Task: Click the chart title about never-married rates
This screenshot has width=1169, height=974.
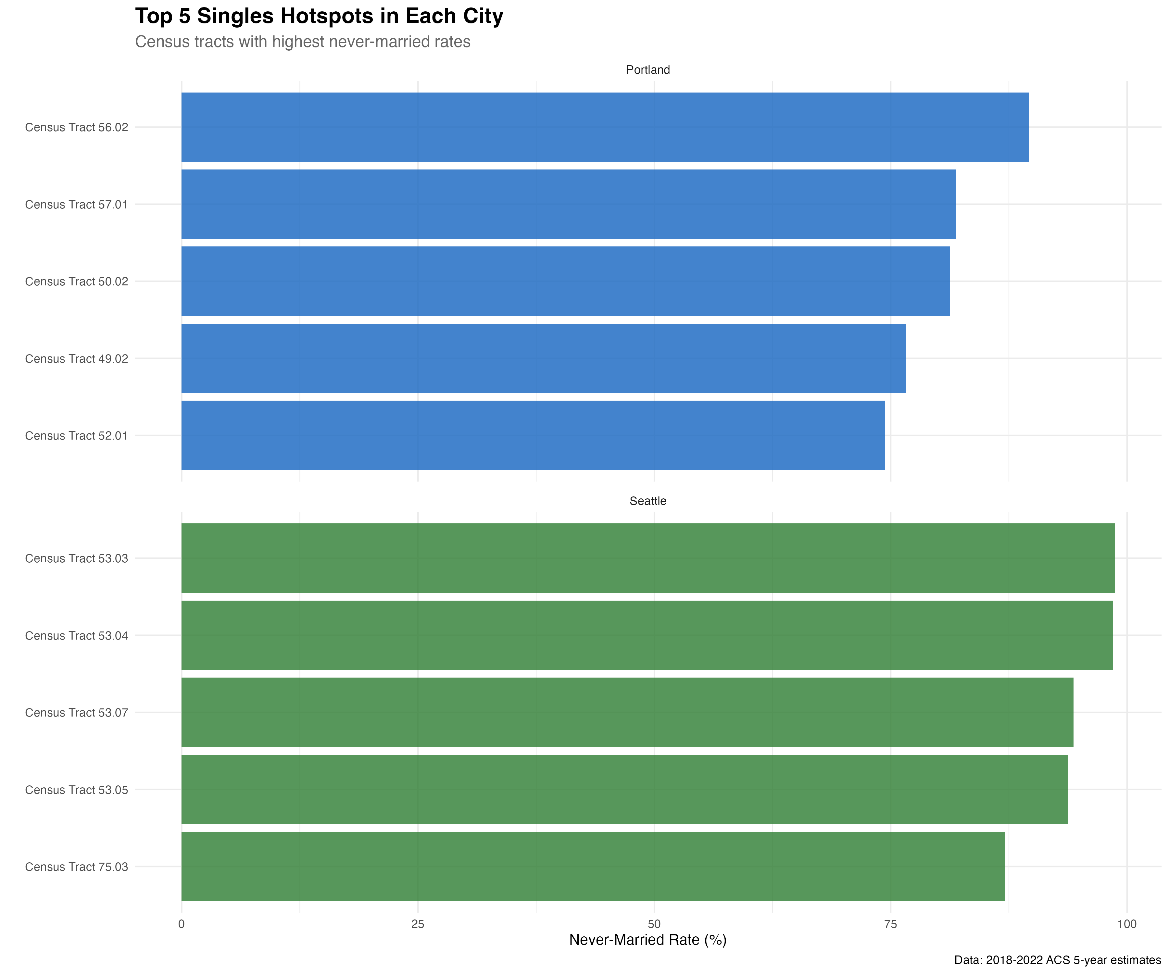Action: point(303,42)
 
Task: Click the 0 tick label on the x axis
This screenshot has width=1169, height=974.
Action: point(182,924)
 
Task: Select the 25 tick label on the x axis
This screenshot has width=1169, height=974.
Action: point(418,924)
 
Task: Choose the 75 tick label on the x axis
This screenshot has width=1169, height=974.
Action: point(891,924)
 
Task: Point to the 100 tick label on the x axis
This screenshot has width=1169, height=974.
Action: point(1127,924)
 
